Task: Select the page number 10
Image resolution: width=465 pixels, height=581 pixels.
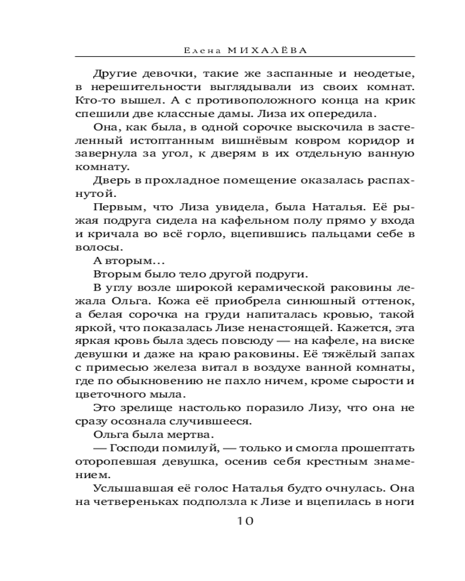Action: point(245,521)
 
